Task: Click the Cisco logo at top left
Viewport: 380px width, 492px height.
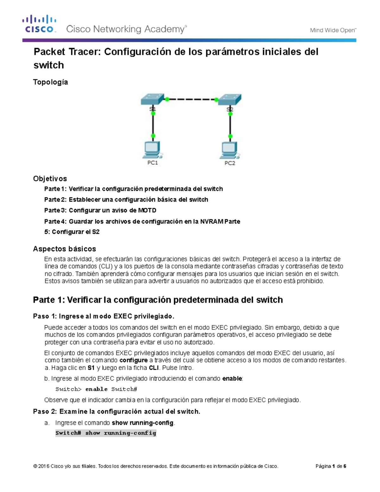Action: [x=39, y=24]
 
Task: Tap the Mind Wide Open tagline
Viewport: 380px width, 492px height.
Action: [x=333, y=30]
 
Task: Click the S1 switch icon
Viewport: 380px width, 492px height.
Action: [x=152, y=99]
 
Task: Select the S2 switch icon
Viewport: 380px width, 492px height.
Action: [x=230, y=99]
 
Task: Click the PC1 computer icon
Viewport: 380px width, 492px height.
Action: [x=152, y=150]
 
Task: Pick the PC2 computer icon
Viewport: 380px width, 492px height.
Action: [x=230, y=151]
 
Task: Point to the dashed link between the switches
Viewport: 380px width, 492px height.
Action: [x=192, y=99]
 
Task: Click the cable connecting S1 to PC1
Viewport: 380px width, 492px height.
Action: [x=153, y=124]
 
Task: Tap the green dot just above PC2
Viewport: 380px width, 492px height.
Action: [x=230, y=136]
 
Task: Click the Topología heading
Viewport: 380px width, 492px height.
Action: [x=50, y=82]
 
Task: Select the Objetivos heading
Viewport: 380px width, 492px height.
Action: [x=50, y=179]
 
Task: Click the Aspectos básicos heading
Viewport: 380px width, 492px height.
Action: [x=64, y=249]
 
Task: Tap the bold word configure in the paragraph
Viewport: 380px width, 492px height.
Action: [x=133, y=360]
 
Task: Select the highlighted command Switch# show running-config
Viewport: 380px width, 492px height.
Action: [x=106, y=433]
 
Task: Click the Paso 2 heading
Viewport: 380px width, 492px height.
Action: [x=117, y=412]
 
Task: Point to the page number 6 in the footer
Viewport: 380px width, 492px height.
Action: [x=345, y=466]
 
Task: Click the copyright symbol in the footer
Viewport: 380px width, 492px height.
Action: [x=35, y=466]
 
